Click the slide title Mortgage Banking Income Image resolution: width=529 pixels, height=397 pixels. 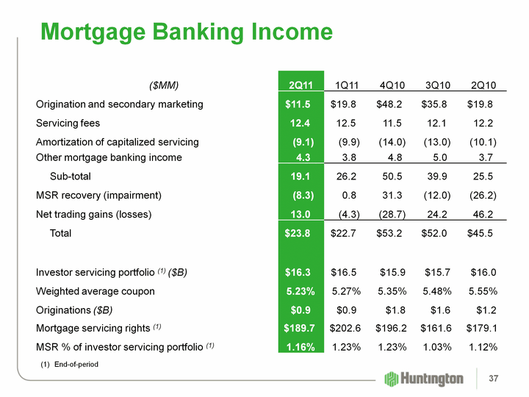pos(187,32)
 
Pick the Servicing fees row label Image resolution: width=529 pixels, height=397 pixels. pos(68,124)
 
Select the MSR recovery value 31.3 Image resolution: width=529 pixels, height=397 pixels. pos(395,196)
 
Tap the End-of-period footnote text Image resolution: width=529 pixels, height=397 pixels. pos(71,365)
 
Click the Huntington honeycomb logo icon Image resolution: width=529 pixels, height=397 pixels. pos(392,379)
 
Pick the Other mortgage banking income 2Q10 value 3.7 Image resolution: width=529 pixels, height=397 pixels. pos(485,157)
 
